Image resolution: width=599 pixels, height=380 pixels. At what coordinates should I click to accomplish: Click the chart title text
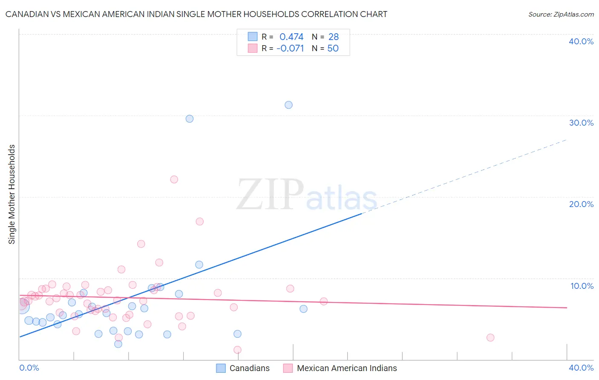click(196, 14)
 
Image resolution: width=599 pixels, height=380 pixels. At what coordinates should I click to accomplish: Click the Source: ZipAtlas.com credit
click(561, 14)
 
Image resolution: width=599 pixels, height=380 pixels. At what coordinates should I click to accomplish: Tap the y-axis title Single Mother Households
click(12, 194)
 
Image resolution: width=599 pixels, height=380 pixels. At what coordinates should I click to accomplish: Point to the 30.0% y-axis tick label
click(581, 123)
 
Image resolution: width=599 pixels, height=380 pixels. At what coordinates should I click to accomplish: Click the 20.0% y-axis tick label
click(581, 204)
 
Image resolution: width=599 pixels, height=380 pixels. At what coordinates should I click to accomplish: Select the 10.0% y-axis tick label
click(582, 286)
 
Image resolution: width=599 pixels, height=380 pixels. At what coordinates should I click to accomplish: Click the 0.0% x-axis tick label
click(29, 368)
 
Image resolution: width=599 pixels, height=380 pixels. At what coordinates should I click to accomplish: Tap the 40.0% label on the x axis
click(581, 368)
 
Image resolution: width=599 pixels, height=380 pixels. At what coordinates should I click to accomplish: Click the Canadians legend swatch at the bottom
click(221, 368)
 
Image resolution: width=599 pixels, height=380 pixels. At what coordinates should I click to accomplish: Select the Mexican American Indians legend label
click(347, 368)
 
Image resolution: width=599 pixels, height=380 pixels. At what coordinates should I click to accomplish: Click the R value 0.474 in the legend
click(291, 37)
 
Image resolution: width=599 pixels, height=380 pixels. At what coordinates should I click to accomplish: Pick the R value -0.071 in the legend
click(290, 49)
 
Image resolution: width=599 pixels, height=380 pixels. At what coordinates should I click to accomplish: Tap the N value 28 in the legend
click(334, 37)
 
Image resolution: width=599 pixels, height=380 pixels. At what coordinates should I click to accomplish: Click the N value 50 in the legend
click(333, 49)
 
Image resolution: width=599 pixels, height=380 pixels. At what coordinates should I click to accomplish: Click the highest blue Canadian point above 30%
click(288, 105)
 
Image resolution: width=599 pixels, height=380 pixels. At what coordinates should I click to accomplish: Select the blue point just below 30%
click(190, 119)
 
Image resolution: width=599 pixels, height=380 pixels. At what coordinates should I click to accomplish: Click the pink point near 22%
click(174, 179)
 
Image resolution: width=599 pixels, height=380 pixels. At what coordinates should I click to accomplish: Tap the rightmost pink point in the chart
click(490, 337)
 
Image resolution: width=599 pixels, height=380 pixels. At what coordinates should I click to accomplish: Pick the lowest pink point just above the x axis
click(237, 350)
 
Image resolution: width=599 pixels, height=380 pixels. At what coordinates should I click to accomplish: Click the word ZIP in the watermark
click(270, 195)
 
